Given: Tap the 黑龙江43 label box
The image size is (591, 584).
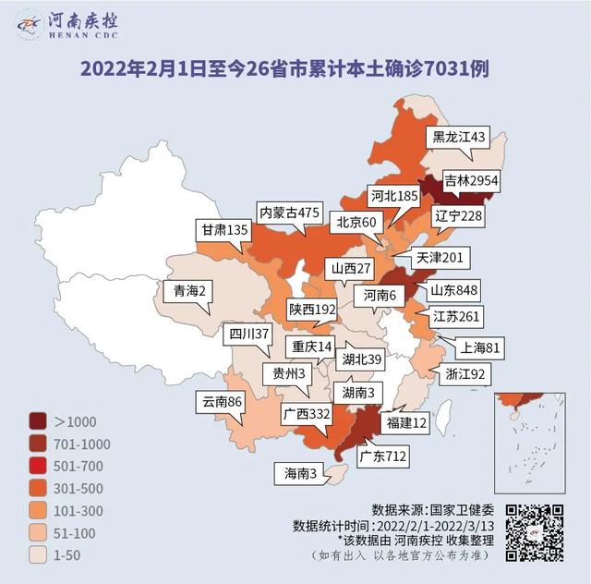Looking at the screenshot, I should pos(459,137).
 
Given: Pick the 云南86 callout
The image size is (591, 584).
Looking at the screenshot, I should pos(222,402).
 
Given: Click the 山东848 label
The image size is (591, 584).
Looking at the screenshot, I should pos(453,291).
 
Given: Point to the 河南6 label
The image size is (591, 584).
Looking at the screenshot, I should pos(380,296).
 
